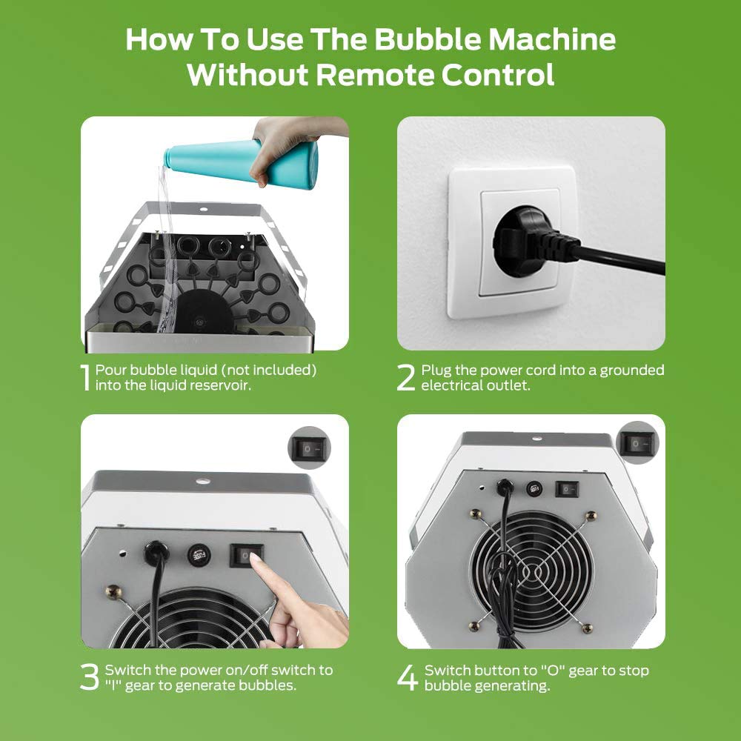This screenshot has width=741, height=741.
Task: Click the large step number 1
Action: coord(85,377)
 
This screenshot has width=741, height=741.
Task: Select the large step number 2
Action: coord(405,377)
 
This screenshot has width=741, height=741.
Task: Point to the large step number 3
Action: coord(90,677)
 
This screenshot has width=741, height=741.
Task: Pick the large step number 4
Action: coord(408,677)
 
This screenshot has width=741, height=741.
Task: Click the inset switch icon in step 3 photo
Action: coord(309,448)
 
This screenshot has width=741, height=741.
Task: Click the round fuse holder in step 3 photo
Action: coord(199,554)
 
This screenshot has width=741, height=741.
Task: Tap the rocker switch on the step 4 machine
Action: coord(567,488)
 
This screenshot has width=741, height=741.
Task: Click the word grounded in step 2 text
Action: coord(632,370)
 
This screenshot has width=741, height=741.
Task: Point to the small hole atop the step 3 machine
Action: coord(203,482)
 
